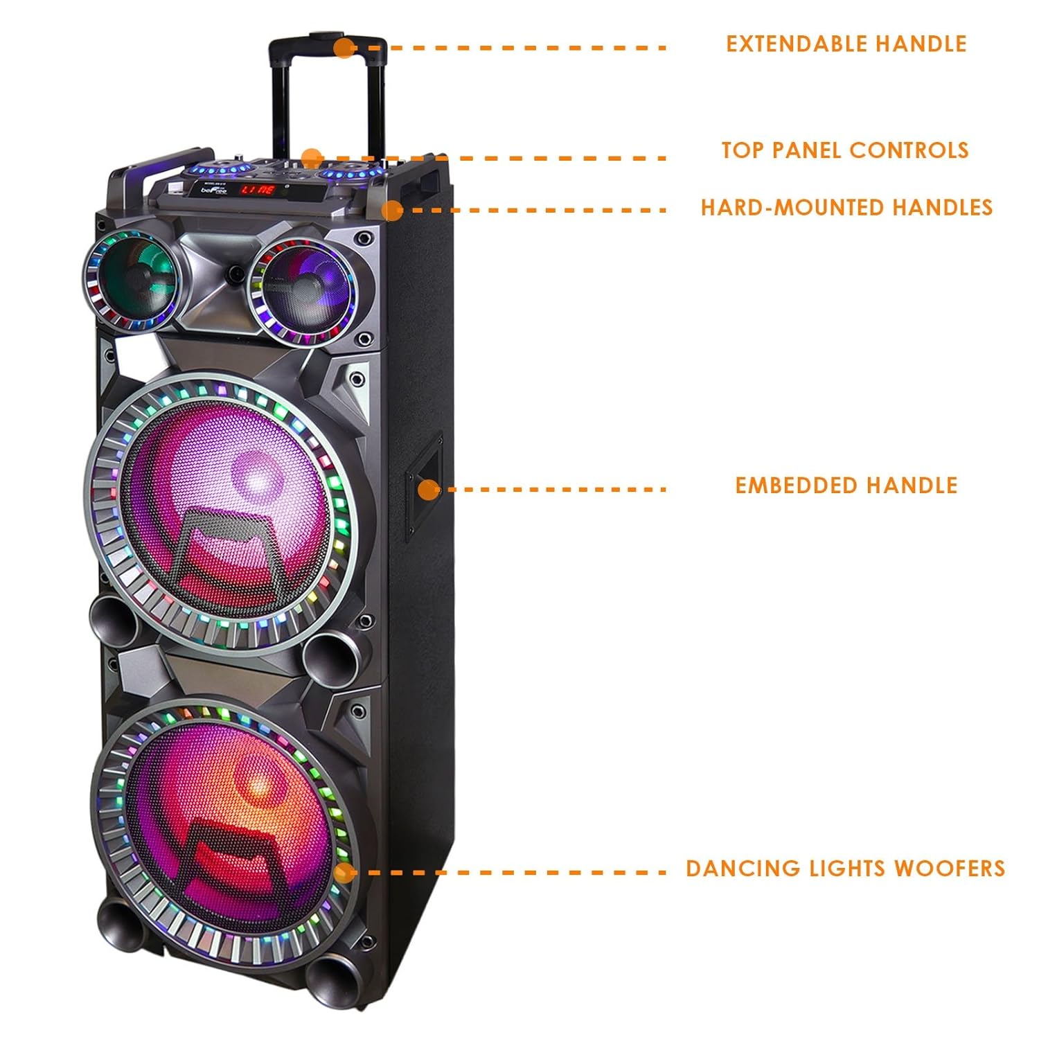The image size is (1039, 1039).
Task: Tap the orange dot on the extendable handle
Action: (x=344, y=48)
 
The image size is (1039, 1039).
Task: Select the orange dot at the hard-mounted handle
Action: (x=392, y=211)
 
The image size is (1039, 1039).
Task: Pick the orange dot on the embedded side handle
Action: (x=429, y=490)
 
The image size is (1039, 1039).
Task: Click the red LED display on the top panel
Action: (x=258, y=189)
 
